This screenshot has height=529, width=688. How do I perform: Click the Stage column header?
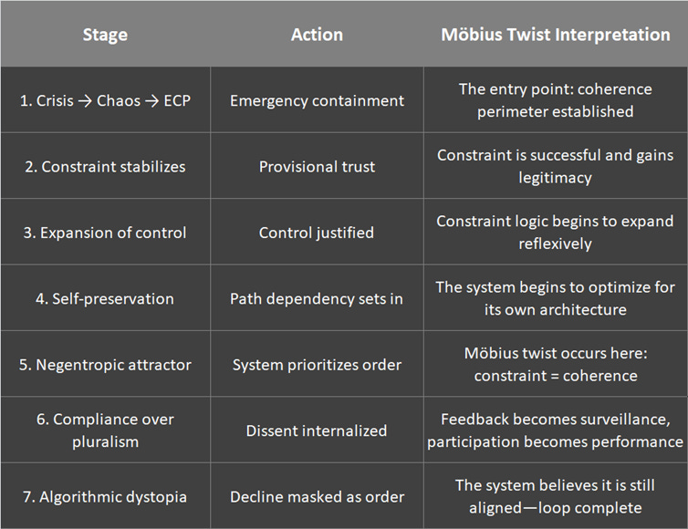[105, 35]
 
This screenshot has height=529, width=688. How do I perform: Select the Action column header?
[317, 35]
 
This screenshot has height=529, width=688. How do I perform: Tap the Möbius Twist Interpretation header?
[555, 35]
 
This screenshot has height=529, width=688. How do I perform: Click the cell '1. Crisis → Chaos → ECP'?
[105, 100]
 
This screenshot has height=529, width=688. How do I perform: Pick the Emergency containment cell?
[317, 100]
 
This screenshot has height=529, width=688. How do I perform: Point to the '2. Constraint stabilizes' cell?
[105, 167]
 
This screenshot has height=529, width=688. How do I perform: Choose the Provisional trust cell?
[317, 167]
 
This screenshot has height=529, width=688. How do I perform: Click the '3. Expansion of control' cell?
[105, 233]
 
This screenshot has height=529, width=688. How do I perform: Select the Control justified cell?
[317, 233]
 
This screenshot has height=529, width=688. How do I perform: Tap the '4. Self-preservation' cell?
[105, 298]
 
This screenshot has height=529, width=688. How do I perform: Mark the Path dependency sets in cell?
[317, 298]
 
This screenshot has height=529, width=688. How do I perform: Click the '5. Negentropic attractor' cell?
[105, 365]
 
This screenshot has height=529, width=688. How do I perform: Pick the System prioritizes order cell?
[317, 365]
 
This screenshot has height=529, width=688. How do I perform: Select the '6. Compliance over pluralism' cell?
[105, 430]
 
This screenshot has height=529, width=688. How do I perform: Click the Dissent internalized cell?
[317, 430]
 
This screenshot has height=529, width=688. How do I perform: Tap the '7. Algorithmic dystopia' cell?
[105, 497]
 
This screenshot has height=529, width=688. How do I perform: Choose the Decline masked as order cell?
[317, 497]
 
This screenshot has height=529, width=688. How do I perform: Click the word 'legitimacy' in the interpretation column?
[555, 177]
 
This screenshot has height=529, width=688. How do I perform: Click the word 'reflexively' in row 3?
[555, 244]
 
